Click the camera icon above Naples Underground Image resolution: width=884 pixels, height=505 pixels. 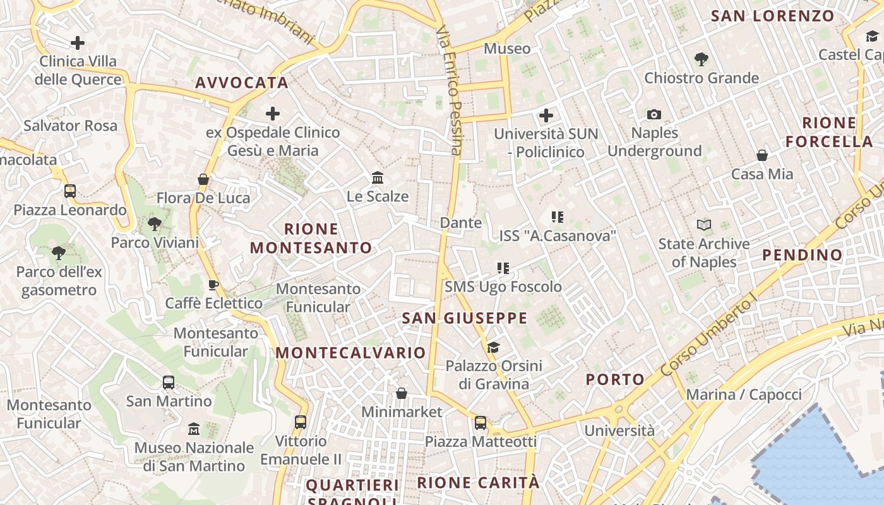(654, 114)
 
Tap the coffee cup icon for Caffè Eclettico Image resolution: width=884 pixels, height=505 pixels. (213, 285)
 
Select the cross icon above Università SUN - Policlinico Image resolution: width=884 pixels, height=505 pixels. (546, 116)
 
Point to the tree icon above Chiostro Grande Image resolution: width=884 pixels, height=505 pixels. (701, 59)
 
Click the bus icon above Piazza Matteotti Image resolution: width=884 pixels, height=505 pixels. (481, 422)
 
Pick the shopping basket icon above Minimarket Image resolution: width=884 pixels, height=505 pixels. (401, 393)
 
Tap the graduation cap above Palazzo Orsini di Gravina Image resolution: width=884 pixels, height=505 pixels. (493, 347)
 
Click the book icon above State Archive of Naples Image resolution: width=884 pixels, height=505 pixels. (703, 225)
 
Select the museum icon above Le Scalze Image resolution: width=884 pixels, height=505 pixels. (378, 177)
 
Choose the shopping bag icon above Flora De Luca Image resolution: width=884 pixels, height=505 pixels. (203, 179)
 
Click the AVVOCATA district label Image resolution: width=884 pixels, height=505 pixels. (242, 83)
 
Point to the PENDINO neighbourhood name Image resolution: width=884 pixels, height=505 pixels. (803, 255)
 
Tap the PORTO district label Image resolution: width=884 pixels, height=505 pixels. (615, 379)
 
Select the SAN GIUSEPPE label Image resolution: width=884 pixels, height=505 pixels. (465, 318)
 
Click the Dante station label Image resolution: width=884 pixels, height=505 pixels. (461, 223)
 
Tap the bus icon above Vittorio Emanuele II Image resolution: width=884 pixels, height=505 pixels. (301, 422)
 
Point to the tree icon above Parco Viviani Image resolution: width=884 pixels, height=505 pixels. (155, 223)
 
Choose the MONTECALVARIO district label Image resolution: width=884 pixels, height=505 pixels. (351, 353)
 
